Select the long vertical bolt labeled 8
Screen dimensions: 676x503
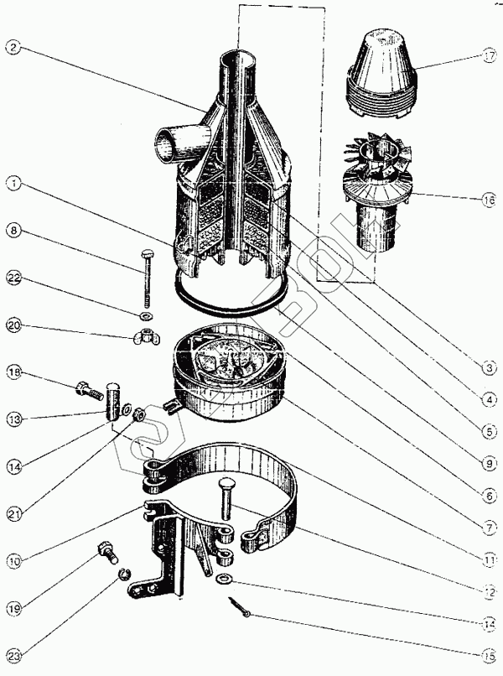148,277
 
